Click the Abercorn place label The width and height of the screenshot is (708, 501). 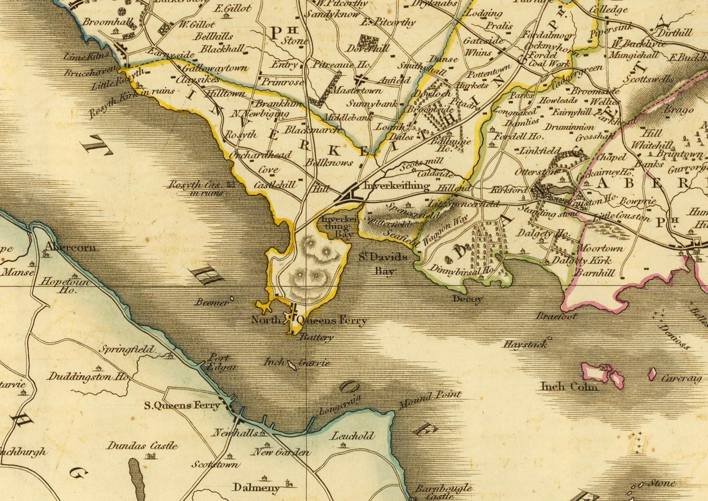(x=70, y=247)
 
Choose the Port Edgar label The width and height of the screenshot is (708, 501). (x=221, y=362)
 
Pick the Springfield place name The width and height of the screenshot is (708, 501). (x=126, y=349)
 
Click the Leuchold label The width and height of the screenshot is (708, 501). (x=353, y=436)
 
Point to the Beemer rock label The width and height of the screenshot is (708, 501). (x=212, y=302)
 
